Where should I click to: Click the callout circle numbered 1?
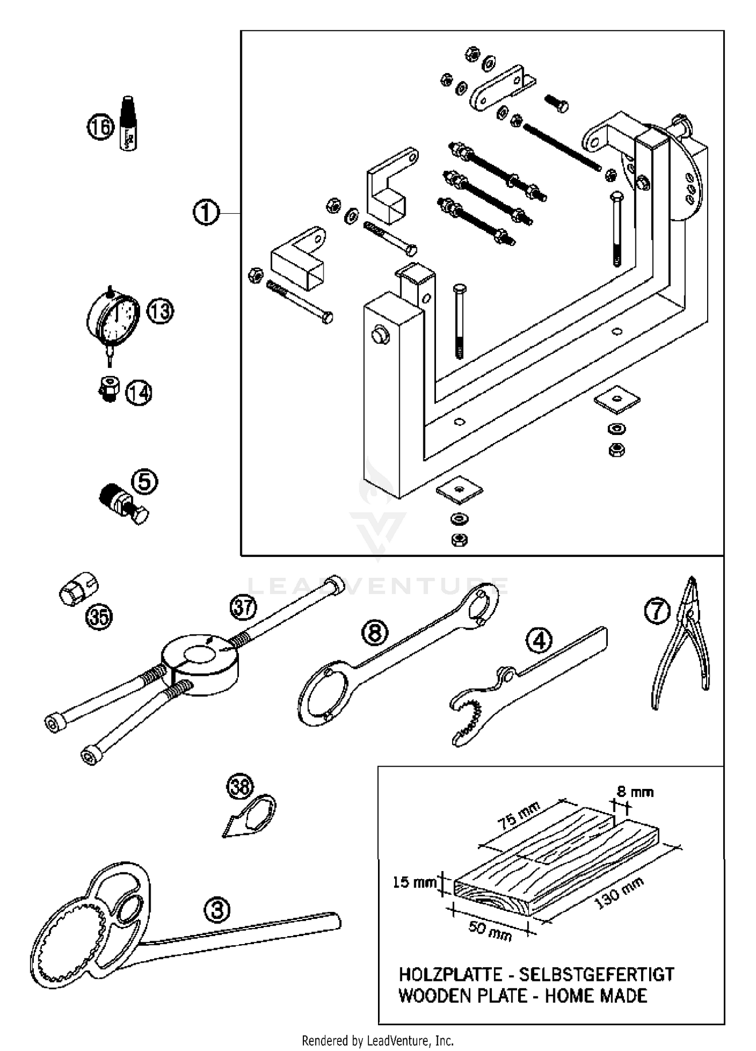tap(206, 213)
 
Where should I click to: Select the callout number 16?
tap(100, 127)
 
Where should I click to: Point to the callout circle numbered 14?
tap(139, 393)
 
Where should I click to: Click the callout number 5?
tap(145, 482)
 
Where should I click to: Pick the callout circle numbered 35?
tap(99, 616)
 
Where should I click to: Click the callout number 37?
tap(243, 607)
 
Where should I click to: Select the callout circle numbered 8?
tap(375, 633)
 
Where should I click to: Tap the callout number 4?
tap(539, 641)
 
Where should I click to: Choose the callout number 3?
tap(217, 910)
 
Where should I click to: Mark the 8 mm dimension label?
tap(635, 792)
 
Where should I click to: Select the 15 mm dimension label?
tap(415, 883)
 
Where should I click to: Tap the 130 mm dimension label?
tap(620, 893)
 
